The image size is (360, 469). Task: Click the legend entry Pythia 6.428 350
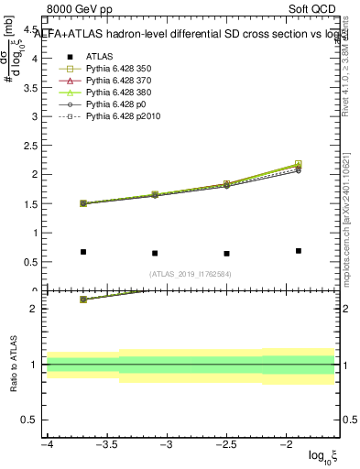[118, 68]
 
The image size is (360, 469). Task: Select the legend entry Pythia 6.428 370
[118, 81]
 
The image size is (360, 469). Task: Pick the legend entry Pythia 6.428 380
[118, 93]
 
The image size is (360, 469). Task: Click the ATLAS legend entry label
[99, 56]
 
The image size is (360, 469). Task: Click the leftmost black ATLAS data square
[83, 252]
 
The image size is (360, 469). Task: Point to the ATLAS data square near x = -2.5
[226, 254]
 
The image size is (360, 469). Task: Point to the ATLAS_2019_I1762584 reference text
[191, 273]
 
